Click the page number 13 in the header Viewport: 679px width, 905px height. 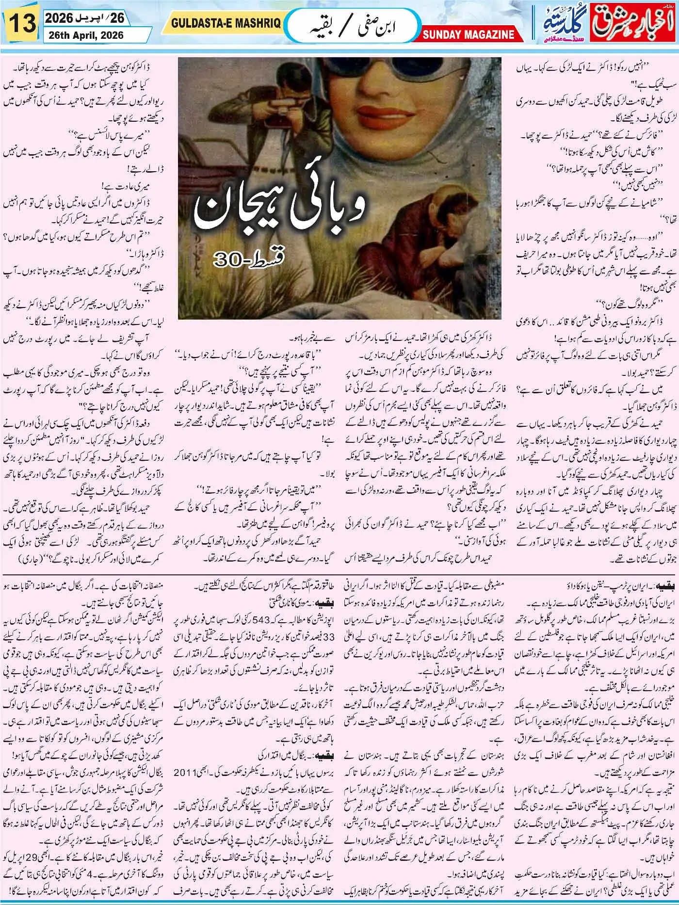[x=21, y=23]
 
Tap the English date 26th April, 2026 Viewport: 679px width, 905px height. [x=85, y=35]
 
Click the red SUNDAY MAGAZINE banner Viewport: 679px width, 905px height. [x=468, y=34]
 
